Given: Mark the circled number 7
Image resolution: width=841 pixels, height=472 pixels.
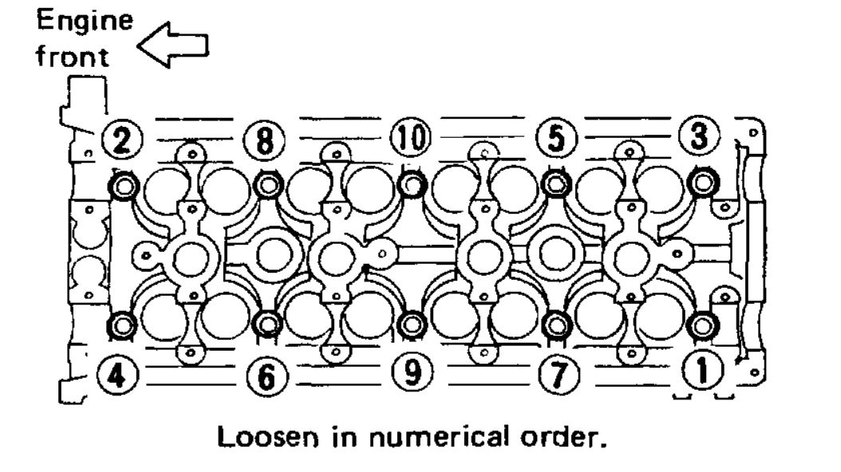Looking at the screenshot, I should (x=555, y=371).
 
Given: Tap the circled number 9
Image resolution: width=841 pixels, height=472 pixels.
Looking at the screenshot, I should (x=411, y=371).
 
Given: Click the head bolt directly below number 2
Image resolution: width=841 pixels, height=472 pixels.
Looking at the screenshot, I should (x=123, y=187).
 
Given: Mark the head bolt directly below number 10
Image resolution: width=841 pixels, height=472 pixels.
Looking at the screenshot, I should (x=412, y=184).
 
